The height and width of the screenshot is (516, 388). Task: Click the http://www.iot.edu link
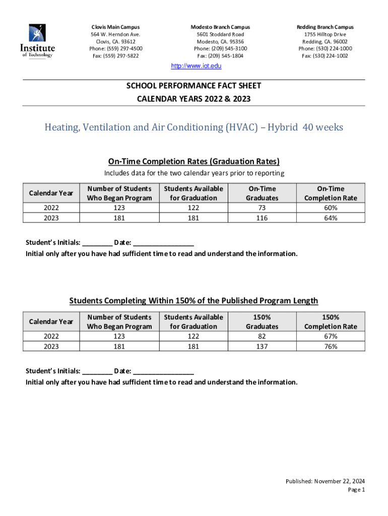pos(197,66)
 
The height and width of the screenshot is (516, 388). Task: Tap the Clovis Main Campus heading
pos(115,27)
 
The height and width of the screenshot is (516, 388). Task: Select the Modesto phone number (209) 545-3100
pos(220,48)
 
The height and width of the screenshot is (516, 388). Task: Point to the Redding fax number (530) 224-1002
pos(325,56)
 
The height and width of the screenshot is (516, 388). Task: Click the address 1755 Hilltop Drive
pos(325,34)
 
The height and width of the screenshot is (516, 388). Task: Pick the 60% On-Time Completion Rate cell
pos(331,208)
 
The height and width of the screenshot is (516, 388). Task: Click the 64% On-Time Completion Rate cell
pos(331,218)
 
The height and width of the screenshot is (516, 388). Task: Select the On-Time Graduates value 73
pos(262,208)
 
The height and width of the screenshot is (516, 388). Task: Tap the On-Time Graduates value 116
pos(262,218)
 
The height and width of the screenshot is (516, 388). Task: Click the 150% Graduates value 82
pos(262,336)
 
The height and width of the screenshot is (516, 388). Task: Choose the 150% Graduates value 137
pos(262,346)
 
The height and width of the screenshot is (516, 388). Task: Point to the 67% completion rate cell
pos(331,336)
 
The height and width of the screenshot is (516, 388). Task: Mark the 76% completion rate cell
pos(331,346)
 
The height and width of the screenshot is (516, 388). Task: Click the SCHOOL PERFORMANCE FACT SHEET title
pos(193,86)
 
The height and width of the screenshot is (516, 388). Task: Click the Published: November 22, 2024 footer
pos(325,481)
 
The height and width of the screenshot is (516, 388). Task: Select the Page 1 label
pos(356,489)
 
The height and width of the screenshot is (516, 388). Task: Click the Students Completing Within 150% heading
pos(193,301)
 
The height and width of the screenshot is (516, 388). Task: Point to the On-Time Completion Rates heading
pos(193,161)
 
